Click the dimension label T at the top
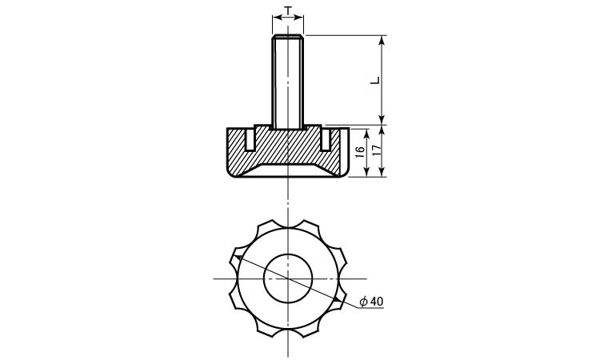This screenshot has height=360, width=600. pos(288,10)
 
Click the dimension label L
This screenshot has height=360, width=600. pos(376,80)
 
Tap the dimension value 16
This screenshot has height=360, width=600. pos(360,152)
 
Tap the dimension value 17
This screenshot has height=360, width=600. pos(378,150)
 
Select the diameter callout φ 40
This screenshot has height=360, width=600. pos(371,302)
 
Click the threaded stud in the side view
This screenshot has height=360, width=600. pos(288,82)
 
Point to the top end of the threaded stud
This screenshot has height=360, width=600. pos(288,35)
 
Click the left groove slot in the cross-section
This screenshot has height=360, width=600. pos(249,140)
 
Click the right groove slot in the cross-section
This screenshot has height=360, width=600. pos(326,140)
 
